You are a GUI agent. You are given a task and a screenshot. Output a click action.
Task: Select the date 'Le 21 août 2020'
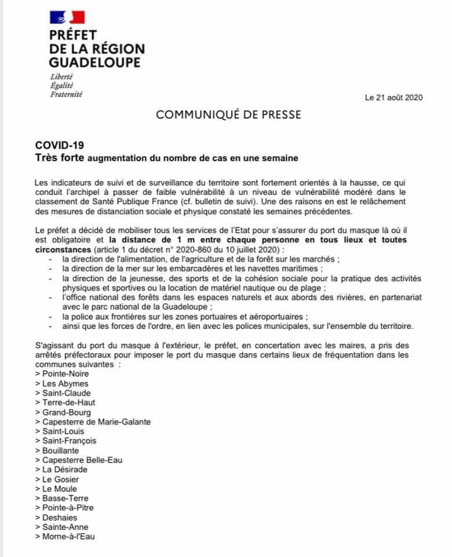(394, 97)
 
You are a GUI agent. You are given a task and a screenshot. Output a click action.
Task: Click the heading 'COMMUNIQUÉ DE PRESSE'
(228, 115)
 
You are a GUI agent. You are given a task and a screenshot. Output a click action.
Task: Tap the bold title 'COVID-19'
(60, 145)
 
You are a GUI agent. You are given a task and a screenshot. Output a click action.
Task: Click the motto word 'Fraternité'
(66, 94)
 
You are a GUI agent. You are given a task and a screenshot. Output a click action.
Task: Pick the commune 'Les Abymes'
(65, 384)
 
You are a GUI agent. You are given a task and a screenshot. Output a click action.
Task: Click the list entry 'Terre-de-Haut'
(68, 402)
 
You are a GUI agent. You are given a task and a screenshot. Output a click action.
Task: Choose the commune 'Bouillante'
(61, 450)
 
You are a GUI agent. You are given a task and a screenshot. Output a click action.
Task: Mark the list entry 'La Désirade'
(64, 469)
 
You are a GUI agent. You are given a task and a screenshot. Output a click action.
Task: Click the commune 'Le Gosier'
(60, 479)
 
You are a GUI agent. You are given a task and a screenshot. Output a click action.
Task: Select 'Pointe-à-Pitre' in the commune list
(68, 508)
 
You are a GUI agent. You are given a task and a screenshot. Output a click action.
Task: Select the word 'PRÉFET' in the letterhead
(73, 35)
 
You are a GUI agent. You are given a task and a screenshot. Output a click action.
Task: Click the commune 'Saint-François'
(69, 440)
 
